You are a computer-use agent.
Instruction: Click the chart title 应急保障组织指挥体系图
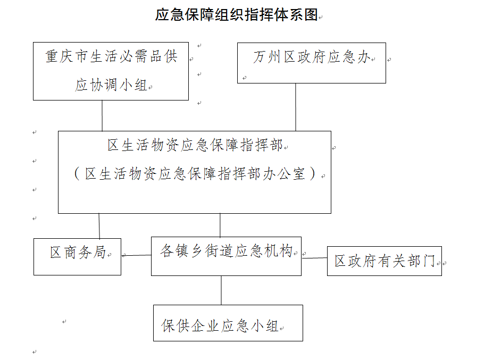(x=237, y=14)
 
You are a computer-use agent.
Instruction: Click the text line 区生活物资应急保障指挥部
(x=195, y=145)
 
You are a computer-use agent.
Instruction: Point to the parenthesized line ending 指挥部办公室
(x=195, y=173)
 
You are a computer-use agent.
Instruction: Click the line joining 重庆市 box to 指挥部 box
(x=102, y=116)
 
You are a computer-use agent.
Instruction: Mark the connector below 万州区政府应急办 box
(x=296, y=107)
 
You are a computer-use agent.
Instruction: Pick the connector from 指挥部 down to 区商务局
(x=99, y=226)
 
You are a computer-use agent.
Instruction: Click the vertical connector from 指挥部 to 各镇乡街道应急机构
(x=220, y=225)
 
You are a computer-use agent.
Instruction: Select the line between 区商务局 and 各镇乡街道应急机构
(x=136, y=255)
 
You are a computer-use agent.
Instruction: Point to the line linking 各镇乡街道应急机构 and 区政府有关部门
(x=314, y=258)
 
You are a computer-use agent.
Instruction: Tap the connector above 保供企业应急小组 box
(x=221, y=290)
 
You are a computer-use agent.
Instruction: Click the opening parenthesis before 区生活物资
(x=77, y=173)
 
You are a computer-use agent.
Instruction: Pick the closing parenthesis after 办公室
(x=313, y=173)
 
